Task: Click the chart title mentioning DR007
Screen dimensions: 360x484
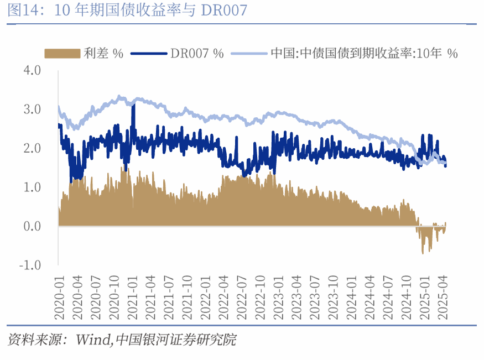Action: pyautogui.click(x=127, y=11)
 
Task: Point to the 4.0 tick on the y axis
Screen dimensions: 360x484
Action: pyautogui.click(x=33, y=71)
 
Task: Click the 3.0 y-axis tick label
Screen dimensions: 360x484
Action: pyautogui.click(x=33, y=109)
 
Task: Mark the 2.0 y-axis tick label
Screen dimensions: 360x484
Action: pyautogui.click(x=33, y=148)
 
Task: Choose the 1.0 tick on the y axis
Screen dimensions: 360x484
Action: pyautogui.click(x=33, y=187)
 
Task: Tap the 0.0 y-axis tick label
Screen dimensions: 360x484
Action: pyautogui.click(x=33, y=226)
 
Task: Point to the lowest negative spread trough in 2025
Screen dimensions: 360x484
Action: pyautogui.click(x=423, y=253)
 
